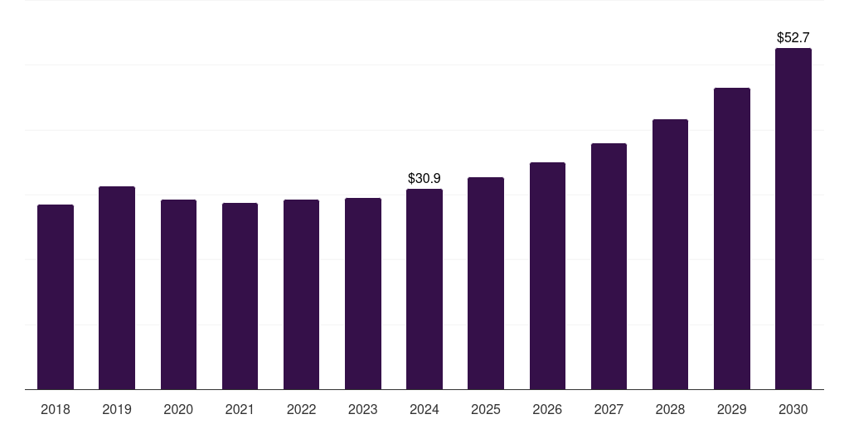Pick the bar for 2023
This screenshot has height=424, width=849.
click(363, 293)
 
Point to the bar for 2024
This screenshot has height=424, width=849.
click(424, 289)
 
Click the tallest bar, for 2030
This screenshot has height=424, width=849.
click(793, 219)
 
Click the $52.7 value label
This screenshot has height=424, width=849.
click(793, 37)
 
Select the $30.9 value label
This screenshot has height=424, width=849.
click(424, 178)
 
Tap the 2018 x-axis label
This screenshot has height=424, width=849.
click(56, 409)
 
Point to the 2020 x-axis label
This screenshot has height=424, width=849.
click(178, 409)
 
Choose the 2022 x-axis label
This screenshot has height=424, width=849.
click(301, 409)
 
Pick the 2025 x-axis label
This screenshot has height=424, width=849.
click(486, 409)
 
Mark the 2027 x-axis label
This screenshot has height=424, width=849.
click(609, 409)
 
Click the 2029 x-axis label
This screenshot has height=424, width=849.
click(731, 409)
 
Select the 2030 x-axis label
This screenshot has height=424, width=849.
click(793, 409)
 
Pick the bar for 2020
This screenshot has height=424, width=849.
click(178, 294)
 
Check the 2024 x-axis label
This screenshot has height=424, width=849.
click(424, 409)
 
